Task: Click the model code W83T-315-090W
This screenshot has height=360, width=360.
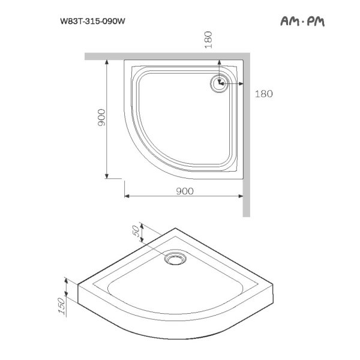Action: pyautogui.click(x=92, y=22)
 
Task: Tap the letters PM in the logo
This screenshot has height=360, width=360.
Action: pyautogui.click(x=316, y=22)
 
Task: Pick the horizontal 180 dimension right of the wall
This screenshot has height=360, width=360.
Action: pyautogui.click(x=264, y=94)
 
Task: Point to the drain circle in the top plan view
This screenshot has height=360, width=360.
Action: pyautogui.click(x=217, y=83)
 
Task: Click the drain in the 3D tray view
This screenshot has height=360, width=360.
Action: pyautogui.click(x=176, y=259)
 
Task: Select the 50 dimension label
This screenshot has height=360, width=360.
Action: pyautogui.click(x=136, y=230)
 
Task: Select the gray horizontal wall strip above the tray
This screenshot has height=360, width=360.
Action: pyautogui.click(x=162, y=56)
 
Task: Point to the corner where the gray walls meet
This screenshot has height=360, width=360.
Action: pyautogui.click(x=246, y=56)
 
